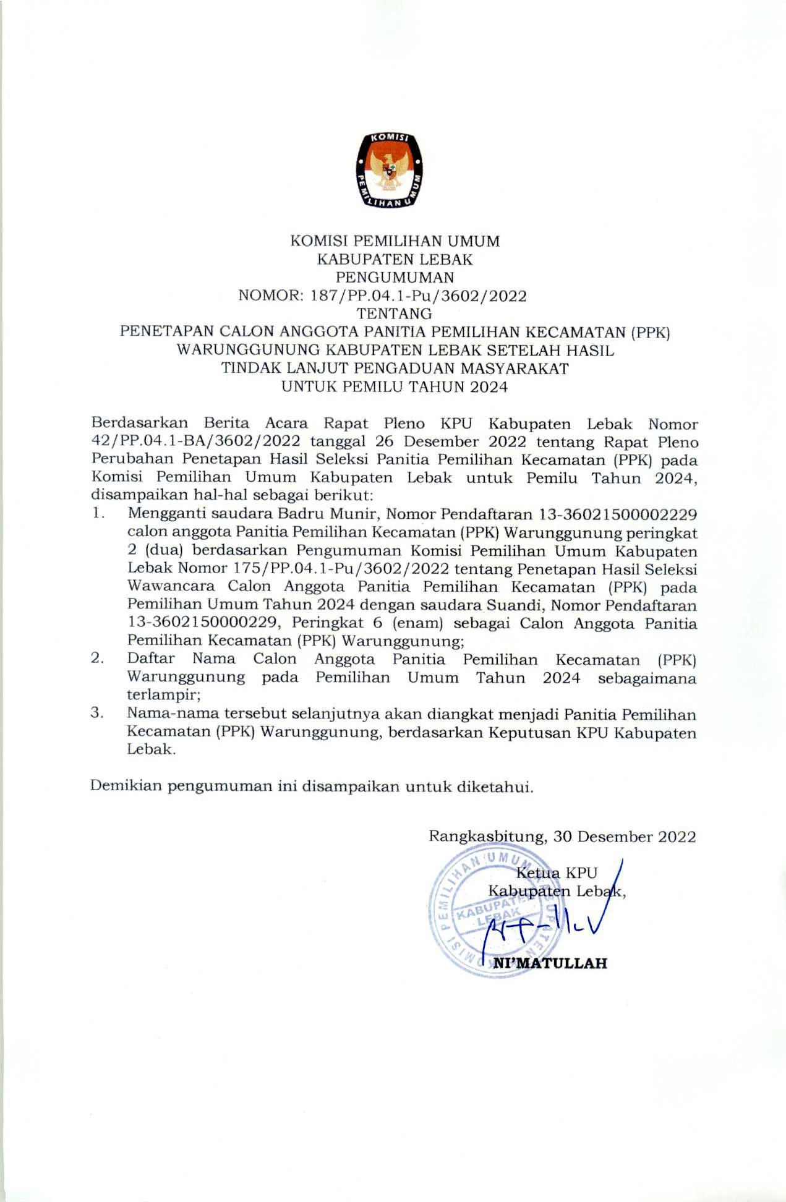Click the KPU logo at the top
pyautogui.click(x=389, y=169)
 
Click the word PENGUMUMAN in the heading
pyautogui.click(x=394, y=277)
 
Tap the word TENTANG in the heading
pyautogui.click(x=394, y=313)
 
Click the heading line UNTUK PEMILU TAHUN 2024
pyautogui.click(x=394, y=387)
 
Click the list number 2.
pyautogui.click(x=96, y=658)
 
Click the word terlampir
pyautogui.click(x=163, y=695)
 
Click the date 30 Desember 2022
pyautogui.click(x=625, y=837)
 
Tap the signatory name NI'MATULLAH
pyautogui.click(x=550, y=963)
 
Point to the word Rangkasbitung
pyautogui.click(x=487, y=837)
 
